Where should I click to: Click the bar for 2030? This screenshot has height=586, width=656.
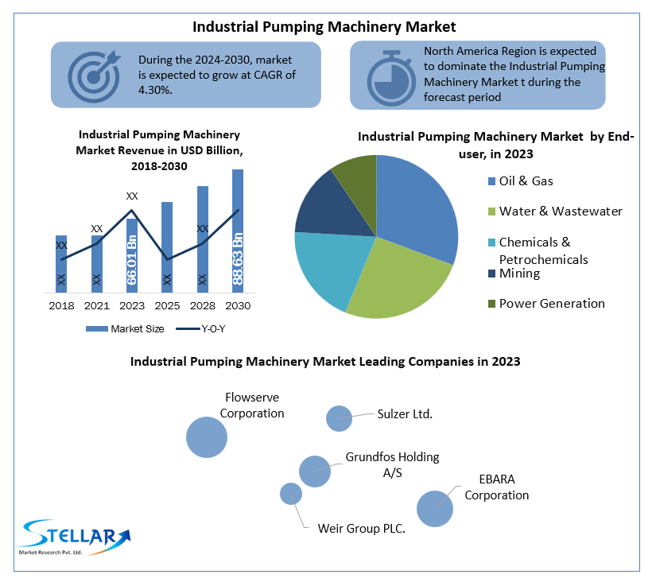pyautogui.click(x=238, y=231)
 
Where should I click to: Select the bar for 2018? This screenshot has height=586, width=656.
pyautogui.click(x=61, y=264)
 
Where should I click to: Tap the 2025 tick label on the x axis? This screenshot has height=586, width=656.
pyautogui.click(x=167, y=306)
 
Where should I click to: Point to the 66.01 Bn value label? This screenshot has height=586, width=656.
pyautogui.click(x=132, y=260)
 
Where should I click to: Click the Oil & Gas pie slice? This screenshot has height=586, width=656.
pyautogui.click(x=414, y=205)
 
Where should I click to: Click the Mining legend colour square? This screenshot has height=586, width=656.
pyautogui.click(x=491, y=274)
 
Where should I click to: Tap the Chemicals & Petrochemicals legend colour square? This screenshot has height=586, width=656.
pyautogui.click(x=491, y=243)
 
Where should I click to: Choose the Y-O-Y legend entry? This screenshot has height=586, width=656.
pyautogui.click(x=201, y=329)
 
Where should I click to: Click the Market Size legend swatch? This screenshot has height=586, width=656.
pyautogui.click(x=97, y=329)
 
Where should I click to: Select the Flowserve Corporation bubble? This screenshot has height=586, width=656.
pyautogui.click(x=207, y=437)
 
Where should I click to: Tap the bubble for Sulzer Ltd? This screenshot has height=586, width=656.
pyautogui.click(x=339, y=418)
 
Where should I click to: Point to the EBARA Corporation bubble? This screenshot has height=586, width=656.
pyautogui.click(x=435, y=509)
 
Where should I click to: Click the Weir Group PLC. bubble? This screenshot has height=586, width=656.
pyautogui.click(x=291, y=494)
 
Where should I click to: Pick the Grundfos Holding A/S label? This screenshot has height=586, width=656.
pyautogui.click(x=392, y=464)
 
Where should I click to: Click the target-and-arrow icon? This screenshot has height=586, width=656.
pyautogui.click(x=95, y=76)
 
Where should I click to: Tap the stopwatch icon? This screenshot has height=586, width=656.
pyautogui.click(x=391, y=78)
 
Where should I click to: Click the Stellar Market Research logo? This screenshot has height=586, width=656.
pyautogui.click(x=75, y=537)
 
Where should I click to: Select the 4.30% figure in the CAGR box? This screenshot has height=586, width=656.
pyautogui.click(x=155, y=90)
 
